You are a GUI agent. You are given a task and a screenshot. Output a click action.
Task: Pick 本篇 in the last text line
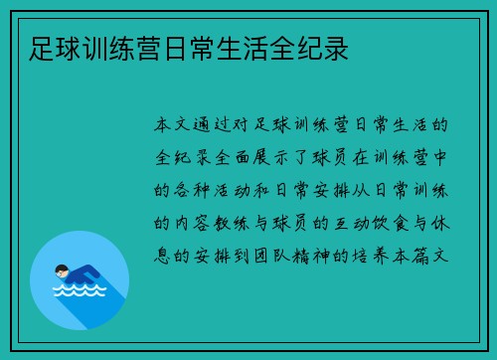[x=422, y=254]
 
